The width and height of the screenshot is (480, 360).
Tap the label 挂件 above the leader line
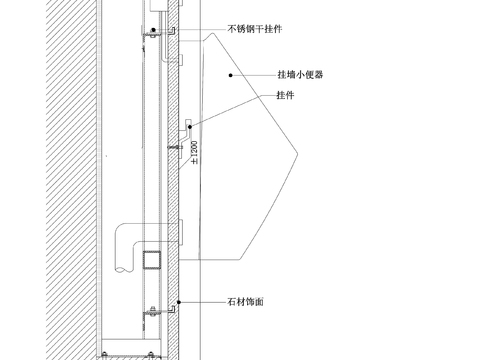click(x=285, y=95)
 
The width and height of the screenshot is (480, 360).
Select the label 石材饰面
click(x=245, y=301)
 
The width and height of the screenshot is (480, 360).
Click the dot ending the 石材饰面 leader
click(x=179, y=301)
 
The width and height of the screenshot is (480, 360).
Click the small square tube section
click(x=152, y=260)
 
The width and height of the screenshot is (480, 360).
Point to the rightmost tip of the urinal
click(x=300, y=152)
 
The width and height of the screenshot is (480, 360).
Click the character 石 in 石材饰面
click(x=231, y=301)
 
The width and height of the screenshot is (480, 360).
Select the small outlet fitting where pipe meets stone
click(x=182, y=232)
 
